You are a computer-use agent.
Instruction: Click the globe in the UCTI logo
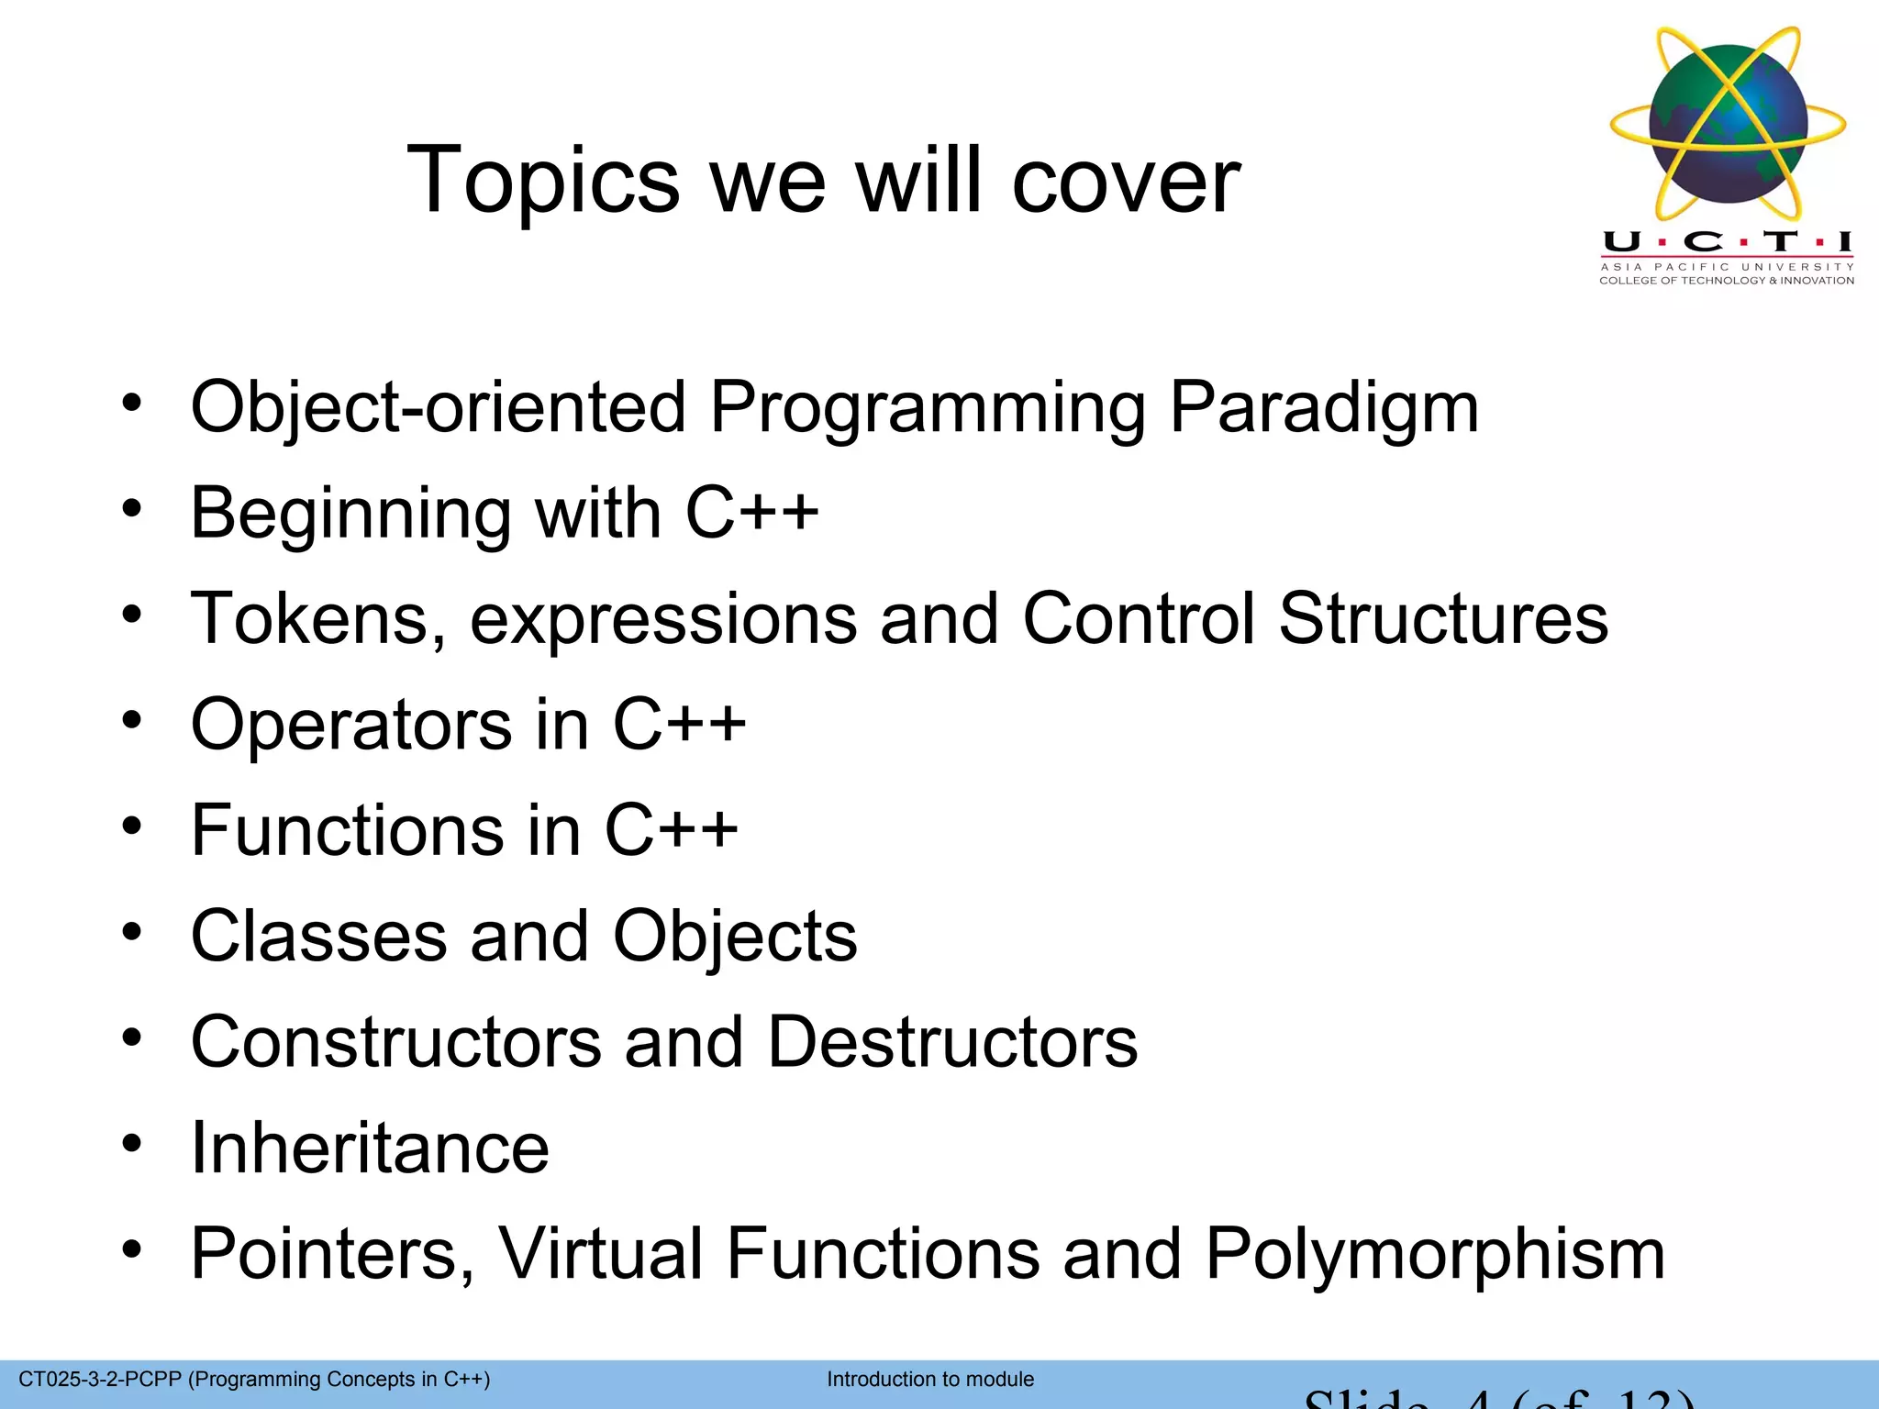[x=1728, y=124]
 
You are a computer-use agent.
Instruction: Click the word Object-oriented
[x=439, y=407]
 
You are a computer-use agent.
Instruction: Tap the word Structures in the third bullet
[x=1442, y=619]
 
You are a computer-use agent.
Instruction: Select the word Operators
[x=350, y=725]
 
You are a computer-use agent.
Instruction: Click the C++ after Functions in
[x=671, y=830]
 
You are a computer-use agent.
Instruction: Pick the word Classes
[x=318, y=937]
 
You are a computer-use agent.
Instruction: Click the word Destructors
[x=951, y=1043]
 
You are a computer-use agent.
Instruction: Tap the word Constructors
[x=395, y=1043]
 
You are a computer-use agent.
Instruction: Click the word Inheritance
[x=370, y=1148]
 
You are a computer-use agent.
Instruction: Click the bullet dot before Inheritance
[x=132, y=1144]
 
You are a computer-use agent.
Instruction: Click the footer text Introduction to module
[x=929, y=1379]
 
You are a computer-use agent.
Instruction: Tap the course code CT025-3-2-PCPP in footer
[x=100, y=1379]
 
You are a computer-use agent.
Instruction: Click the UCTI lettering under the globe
[x=1727, y=242]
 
